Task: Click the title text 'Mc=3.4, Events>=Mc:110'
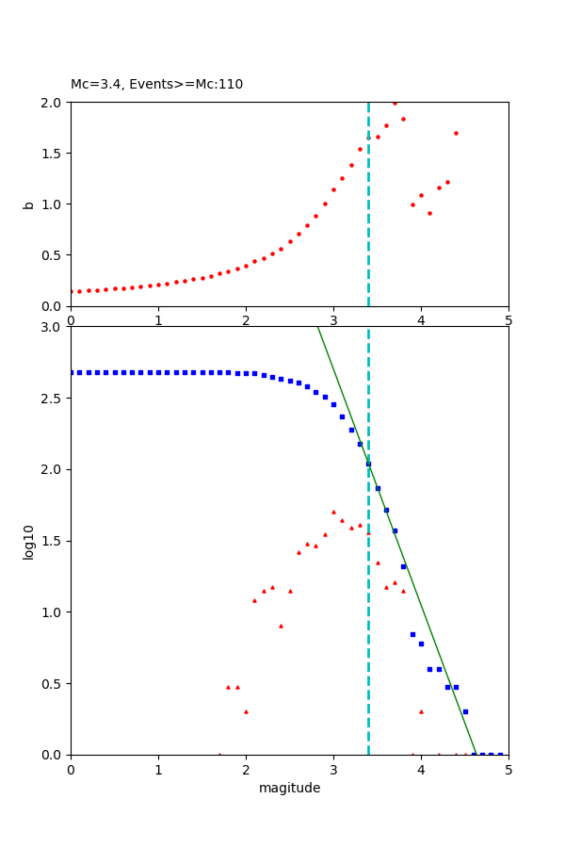pos(156,85)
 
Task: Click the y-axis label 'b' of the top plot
pos(29,204)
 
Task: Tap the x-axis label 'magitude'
pos(289,789)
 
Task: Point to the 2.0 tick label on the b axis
pos(53,103)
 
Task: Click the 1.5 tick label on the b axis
pos(53,154)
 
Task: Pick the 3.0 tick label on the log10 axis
pos(53,327)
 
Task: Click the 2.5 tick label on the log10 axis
pos(53,399)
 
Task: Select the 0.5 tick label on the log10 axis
pos(53,684)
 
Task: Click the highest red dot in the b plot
pos(395,103)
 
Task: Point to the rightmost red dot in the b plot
pos(456,133)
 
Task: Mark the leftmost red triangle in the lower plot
pos(219,754)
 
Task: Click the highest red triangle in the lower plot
pos(333,512)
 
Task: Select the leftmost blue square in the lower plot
pos(72,372)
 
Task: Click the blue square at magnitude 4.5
pos(465,711)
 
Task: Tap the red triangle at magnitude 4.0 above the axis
pos(421,711)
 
